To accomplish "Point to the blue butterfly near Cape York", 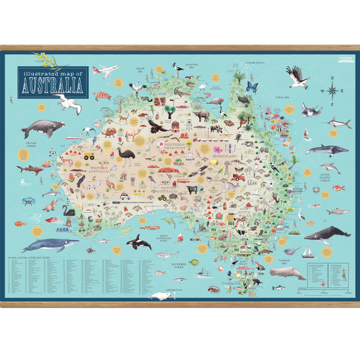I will pos(253,87).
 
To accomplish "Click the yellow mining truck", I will pos(90,156).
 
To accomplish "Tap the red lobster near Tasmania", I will pos(214,290).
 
